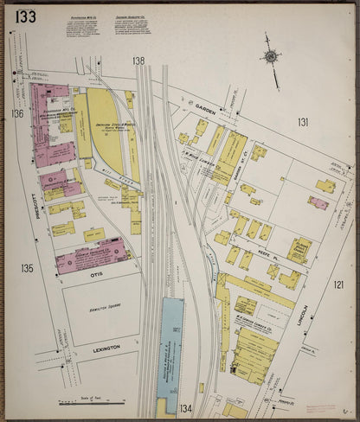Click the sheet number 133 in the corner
point(25,16)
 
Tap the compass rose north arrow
point(272,57)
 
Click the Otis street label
point(95,273)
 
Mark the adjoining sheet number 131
point(303,122)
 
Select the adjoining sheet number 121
point(338,285)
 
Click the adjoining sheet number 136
point(17,113)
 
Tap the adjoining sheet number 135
point(27,268)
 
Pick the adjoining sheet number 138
point(138,61)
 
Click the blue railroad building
point(170,346)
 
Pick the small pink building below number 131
point(318,202)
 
